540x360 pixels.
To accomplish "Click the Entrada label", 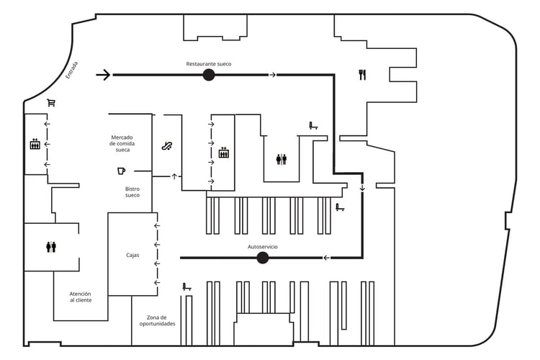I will coord(71,70).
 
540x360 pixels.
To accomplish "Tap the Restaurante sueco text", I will coord(209,64).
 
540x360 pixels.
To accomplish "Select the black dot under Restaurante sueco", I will coord(209,75).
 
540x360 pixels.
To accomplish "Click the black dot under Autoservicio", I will coord(263,258).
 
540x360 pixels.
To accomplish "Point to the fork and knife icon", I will coord(362,74).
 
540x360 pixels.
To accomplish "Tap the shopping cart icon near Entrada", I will coord(51,103).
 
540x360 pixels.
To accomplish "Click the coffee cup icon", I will coord(121,171).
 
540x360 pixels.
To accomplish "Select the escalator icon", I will coord(167,146).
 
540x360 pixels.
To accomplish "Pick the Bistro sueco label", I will coord(132,192).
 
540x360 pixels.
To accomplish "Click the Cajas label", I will coord(132,255).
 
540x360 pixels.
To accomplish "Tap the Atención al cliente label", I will coord(81,297).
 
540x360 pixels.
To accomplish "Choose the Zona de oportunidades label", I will coord(157,320).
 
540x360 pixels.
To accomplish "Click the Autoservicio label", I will coord(263,247).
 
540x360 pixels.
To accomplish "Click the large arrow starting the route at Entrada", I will coord(104,75).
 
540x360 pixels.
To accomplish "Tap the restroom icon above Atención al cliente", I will coord(51,247).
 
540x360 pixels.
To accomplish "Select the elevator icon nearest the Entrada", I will coord(35,144).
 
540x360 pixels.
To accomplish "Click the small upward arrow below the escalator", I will coord(174,176).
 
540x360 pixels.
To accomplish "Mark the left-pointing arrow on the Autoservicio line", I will coord(326,258).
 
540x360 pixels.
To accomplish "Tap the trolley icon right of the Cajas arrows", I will coord(186,287).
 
